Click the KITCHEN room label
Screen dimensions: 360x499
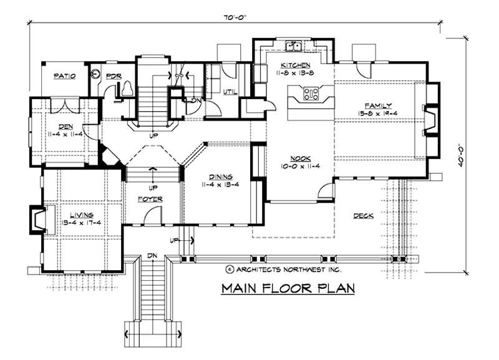293,66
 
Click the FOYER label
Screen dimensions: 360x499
150,199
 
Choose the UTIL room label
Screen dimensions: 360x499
230,92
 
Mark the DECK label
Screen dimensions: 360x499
363,216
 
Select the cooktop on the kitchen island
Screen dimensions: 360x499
311,94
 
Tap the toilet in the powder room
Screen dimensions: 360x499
127,89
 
